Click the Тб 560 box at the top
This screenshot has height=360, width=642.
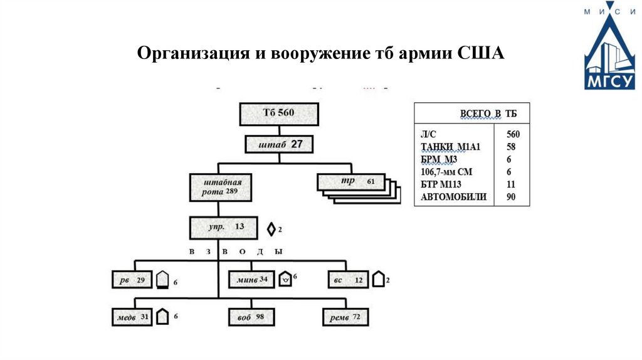(278, 115)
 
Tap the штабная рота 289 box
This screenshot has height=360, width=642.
(220, 187)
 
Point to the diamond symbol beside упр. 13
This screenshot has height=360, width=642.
(271, 230)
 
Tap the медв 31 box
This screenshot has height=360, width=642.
(132, 317)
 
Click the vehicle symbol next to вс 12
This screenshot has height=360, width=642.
(378, 279)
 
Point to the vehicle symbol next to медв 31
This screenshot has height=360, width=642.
(162, 317)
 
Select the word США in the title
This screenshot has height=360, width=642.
(481, 53)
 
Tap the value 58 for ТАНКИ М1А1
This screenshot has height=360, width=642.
(513, 147)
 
